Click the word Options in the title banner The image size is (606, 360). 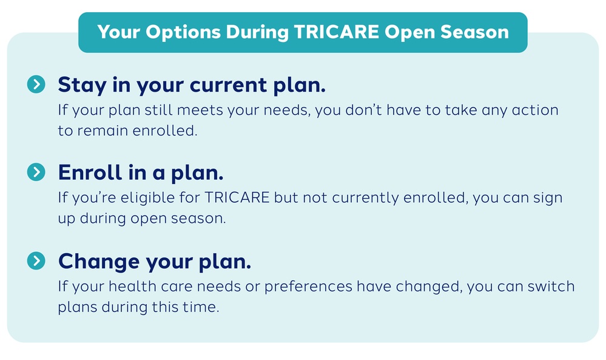point(183,33)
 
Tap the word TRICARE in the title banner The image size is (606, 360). point(336,32)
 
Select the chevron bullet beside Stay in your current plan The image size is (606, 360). point(36,84)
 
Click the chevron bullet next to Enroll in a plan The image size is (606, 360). point(36,172)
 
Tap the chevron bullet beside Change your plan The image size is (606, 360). point(36,260)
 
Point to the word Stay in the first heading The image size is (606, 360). point(82,86)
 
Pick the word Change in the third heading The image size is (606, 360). point(99,262)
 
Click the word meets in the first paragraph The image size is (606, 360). point(200,110)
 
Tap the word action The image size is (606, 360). point(535,110)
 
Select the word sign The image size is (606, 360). point(548,199)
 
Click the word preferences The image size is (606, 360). point(308,287)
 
